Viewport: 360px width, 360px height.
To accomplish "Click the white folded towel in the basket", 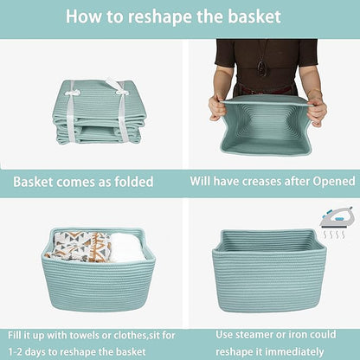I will pos(126,247).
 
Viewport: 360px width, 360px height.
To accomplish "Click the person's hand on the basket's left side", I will pos(217,107).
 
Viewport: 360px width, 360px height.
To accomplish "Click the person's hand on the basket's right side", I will pos(317,109).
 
